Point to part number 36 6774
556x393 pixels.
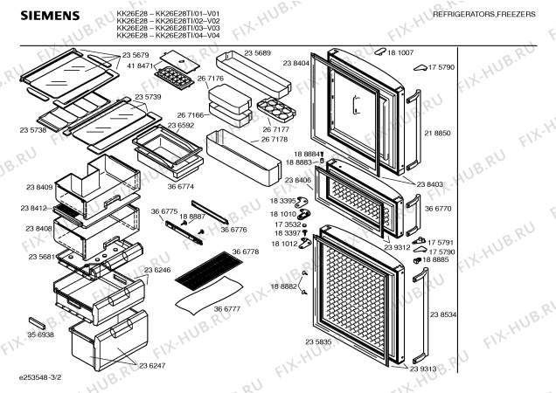coord(181,186)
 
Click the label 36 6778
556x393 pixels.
coord(246,252)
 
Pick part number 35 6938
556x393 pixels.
coord(40,334)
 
